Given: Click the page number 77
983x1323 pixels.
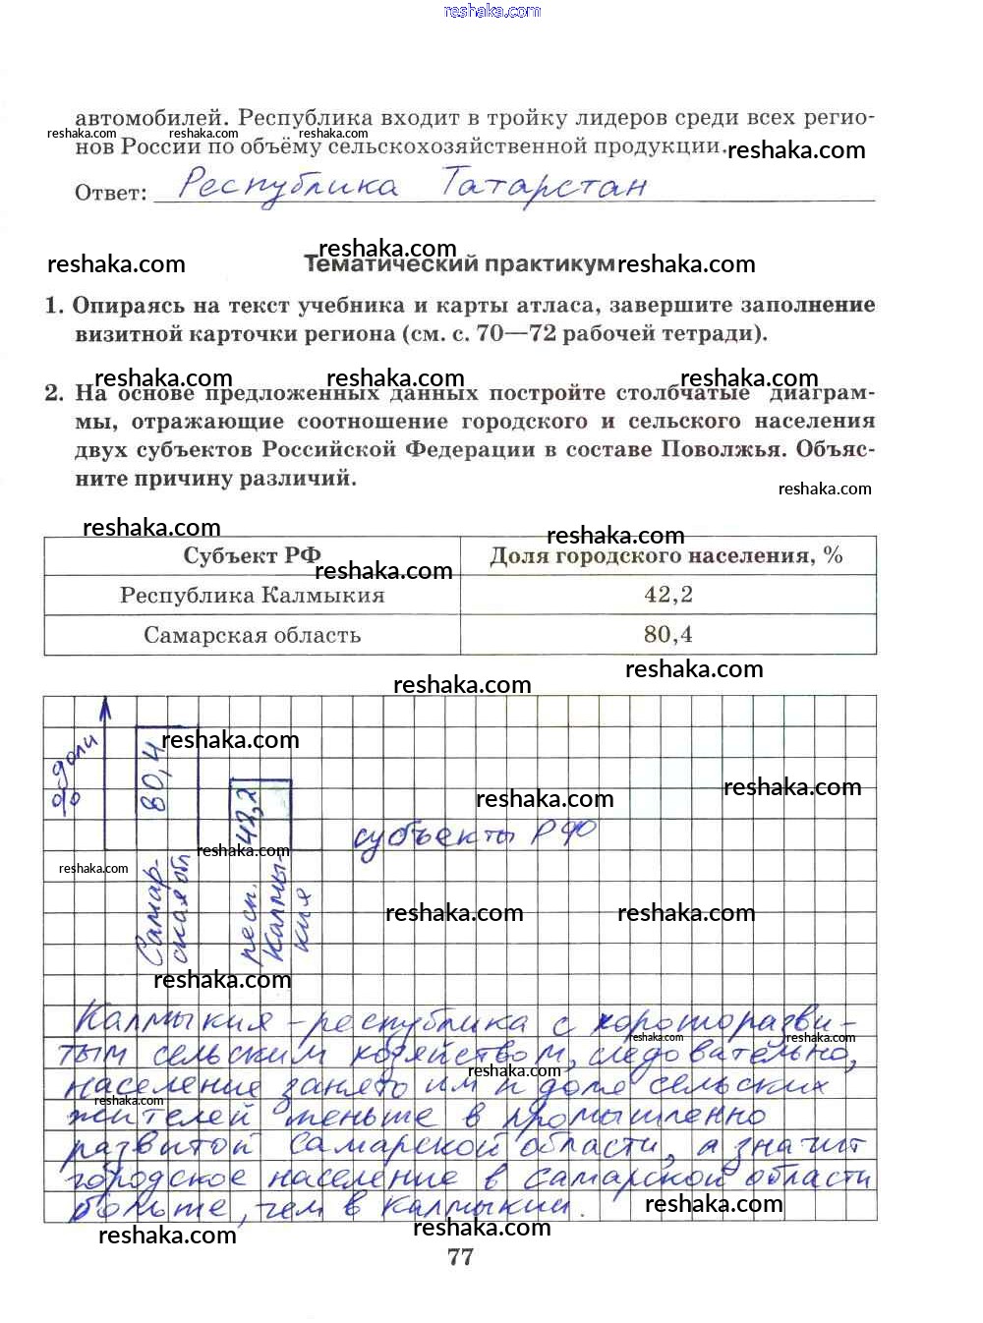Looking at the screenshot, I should (460, 1256).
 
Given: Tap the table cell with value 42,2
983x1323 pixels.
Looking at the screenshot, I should (668, 595).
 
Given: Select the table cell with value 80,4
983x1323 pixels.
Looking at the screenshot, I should (668, 635).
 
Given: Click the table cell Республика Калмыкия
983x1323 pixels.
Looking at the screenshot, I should (252, 595).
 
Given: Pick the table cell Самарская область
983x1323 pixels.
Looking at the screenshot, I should (252, 635).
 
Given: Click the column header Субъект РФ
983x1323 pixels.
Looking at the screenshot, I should (252, 555).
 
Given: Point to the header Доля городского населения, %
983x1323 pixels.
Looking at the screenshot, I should (666, 556).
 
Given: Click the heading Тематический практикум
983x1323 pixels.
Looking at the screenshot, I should (459, 263).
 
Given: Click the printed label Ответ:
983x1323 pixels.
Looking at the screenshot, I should (110, 193).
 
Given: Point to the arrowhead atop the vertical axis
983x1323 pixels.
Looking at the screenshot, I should (105, 708).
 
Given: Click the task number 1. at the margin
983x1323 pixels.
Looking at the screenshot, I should (54, 306).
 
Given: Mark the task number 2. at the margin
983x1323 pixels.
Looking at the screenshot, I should (54, 393).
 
